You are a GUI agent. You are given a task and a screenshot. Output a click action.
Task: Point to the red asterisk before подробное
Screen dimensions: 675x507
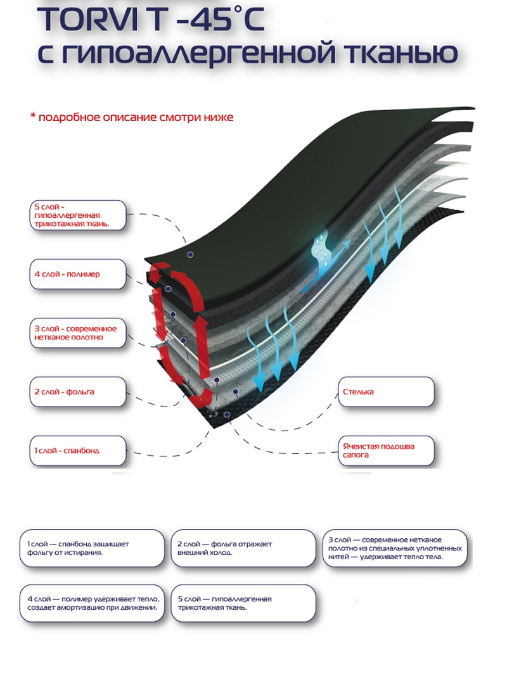[x=34, y=118]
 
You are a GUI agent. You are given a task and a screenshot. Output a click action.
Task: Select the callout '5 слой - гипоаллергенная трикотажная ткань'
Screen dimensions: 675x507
[x=77, y=216]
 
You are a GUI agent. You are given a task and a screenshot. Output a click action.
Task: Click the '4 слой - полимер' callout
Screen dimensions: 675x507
[x=77, y=274]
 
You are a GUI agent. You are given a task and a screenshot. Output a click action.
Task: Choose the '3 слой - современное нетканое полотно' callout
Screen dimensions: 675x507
[x=77, y=333]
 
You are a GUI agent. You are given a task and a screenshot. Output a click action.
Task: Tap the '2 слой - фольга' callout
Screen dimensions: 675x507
[x=77, y=392]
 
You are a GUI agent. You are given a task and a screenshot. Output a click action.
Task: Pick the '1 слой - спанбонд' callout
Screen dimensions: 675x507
[x=77, y=451]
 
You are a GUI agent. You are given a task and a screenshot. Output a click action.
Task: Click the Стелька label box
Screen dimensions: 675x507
[x=385, y=392]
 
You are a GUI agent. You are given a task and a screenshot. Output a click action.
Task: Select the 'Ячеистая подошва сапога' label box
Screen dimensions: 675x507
[x=385, y=450]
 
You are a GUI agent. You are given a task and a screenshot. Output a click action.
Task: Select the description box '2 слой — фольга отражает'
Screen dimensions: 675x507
[x=243, y=548]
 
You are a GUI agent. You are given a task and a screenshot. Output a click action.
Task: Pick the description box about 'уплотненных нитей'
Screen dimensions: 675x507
[x=396, y=548]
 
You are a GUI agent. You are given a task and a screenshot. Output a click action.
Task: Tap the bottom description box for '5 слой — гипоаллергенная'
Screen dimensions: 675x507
[x=243, y=603]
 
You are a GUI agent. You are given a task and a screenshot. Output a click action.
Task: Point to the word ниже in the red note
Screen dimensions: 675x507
[x=219, y=118]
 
